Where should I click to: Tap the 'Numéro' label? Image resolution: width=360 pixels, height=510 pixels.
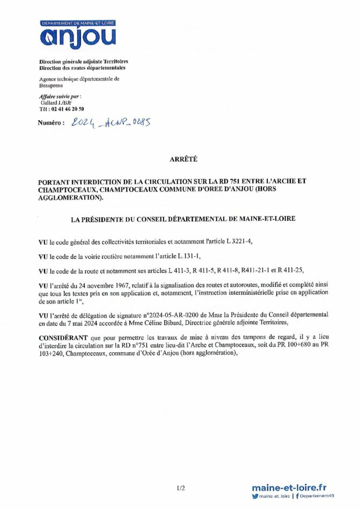51,123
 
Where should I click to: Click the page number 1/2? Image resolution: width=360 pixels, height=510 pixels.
180,488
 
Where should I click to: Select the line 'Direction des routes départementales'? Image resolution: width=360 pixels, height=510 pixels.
82,69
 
